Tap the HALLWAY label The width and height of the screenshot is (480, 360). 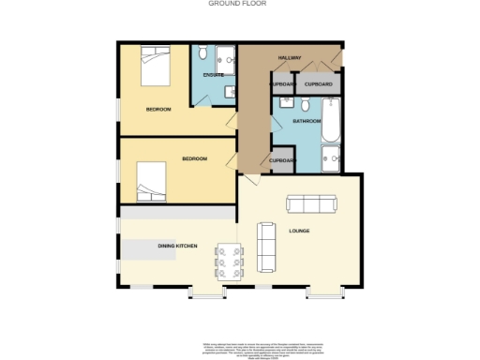(289, 58)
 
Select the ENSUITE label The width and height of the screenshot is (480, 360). (213, 74)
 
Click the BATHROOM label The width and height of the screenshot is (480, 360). (307, 121)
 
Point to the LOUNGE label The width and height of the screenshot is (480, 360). (299, 231)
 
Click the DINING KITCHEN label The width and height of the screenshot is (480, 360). (176, 245)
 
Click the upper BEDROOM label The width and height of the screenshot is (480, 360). (158, 110)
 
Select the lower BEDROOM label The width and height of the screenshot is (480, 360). (194, 158)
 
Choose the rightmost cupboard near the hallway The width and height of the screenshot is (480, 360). (319, 84)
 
